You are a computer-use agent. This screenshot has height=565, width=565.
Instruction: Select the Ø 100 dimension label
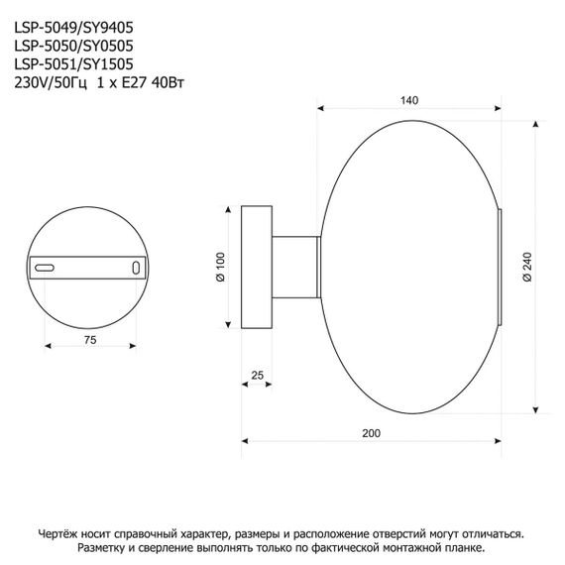click(x=220, y=265)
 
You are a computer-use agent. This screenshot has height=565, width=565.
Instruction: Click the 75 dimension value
click(x=88, y=340)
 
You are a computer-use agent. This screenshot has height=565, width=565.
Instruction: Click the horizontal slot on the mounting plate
click(x=46, y=268)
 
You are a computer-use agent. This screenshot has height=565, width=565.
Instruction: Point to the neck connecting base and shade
click(x=295, y=266)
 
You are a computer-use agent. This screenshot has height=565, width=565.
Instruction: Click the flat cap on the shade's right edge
click(x=499, y=266)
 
